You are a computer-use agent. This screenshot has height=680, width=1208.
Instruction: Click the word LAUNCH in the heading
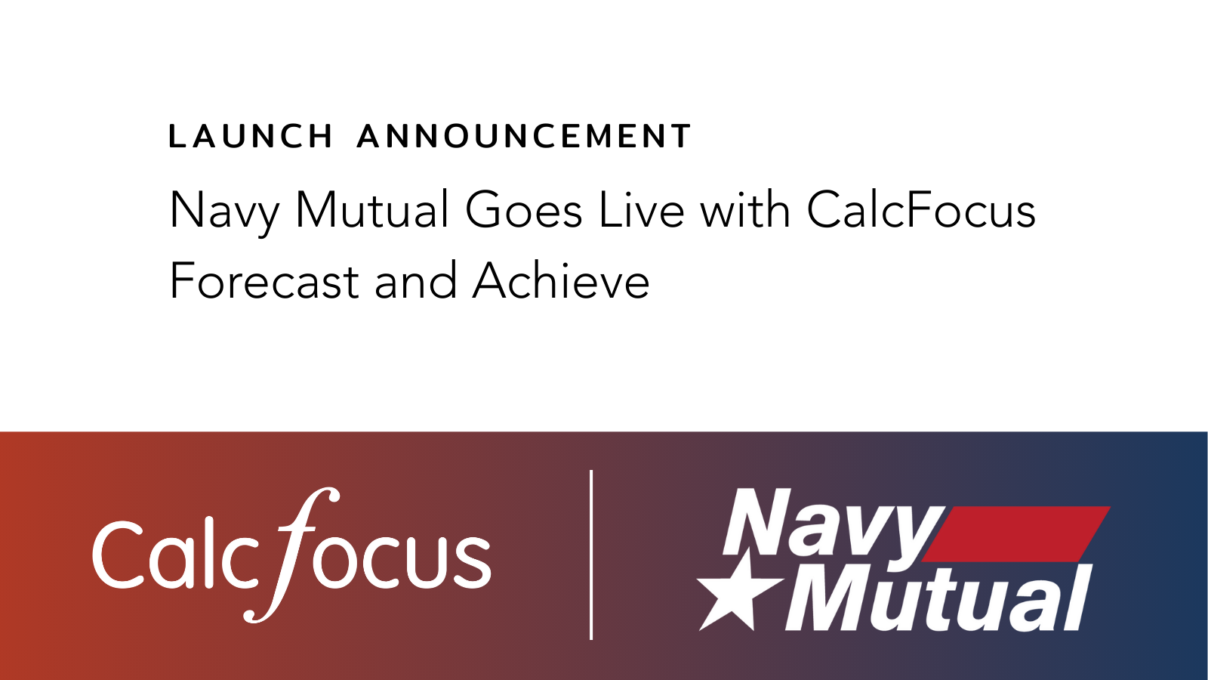coord(250,135)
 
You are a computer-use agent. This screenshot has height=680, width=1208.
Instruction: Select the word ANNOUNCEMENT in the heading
coord(524,135)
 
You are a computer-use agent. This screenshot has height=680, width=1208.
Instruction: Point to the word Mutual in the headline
coord(372,209)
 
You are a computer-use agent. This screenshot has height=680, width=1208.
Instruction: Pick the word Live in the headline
coord(642,209)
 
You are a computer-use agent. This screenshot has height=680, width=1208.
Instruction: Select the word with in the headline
coord(745,209)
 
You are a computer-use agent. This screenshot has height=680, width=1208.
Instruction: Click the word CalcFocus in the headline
coord(921,209)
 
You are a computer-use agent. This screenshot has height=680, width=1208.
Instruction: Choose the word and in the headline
coord(416,280)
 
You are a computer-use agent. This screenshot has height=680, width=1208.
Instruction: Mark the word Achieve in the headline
coord(562,280)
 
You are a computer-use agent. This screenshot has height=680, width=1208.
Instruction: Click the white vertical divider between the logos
coord(592,555)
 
